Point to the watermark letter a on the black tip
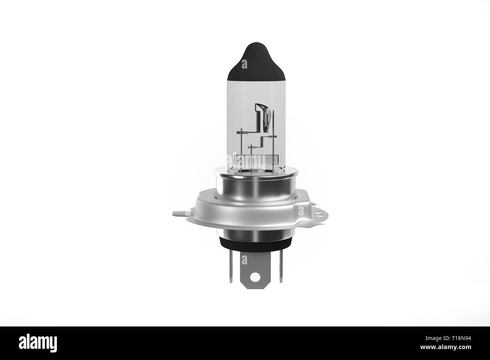click(245, 65)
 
